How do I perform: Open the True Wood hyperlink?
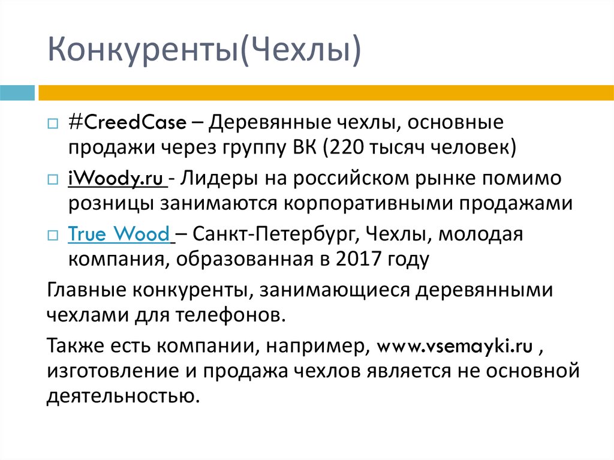(119, 234)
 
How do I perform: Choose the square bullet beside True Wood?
(53, 235)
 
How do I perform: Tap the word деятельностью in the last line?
(121, 396)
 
